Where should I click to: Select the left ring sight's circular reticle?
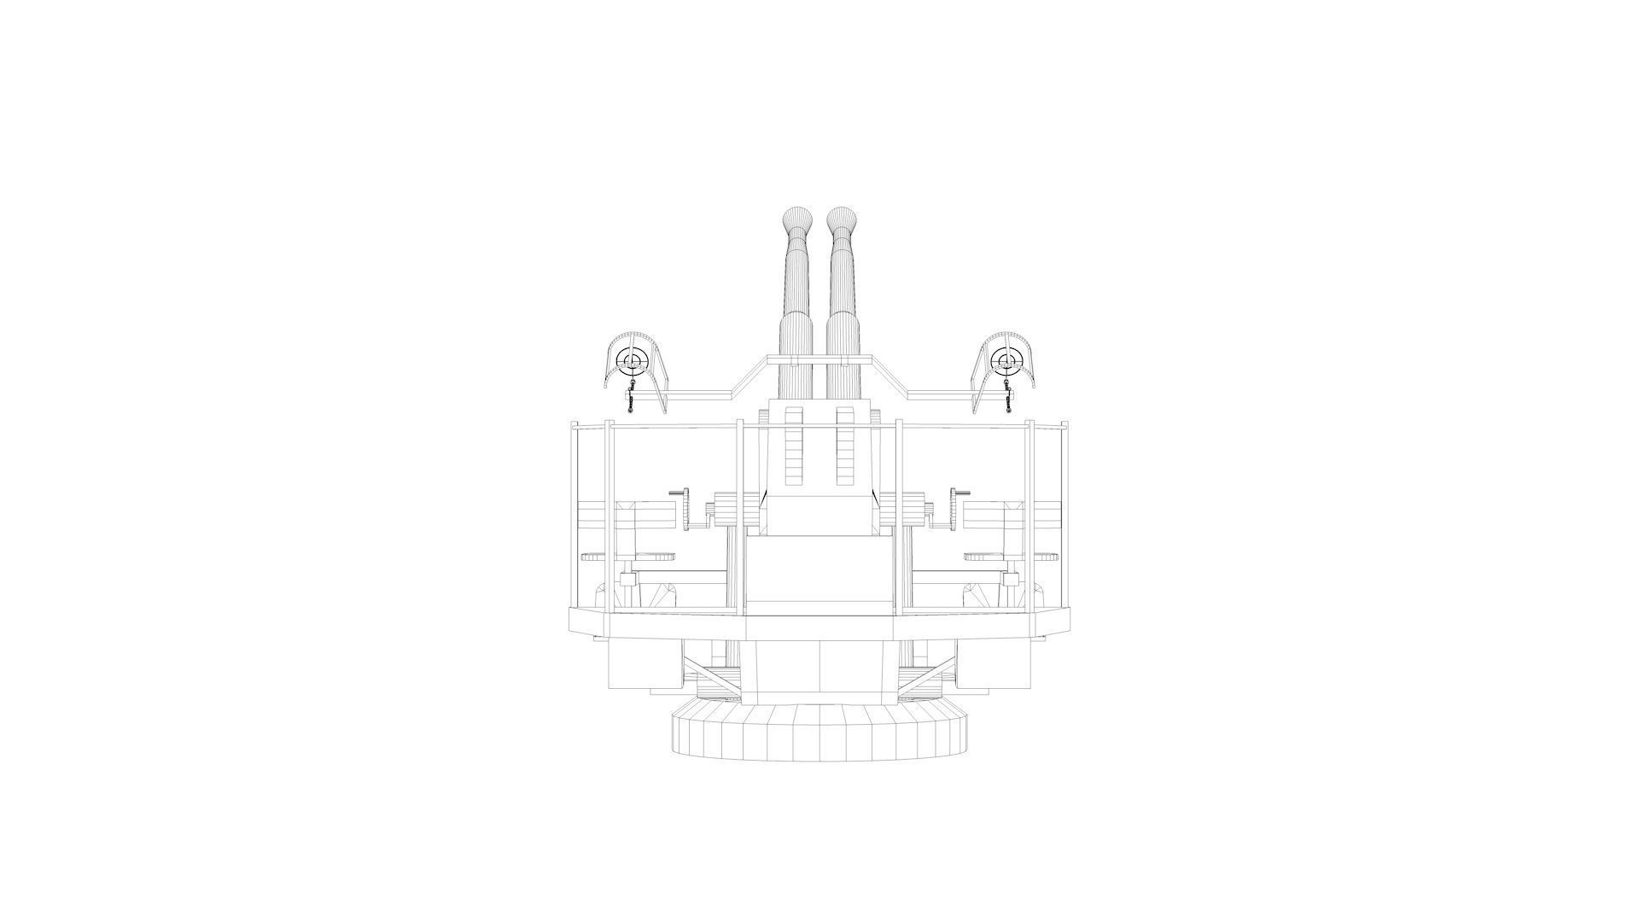pyautogui.click(x=633, y=362)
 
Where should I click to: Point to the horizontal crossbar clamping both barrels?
pyautogui.click(x=819, y=358)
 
